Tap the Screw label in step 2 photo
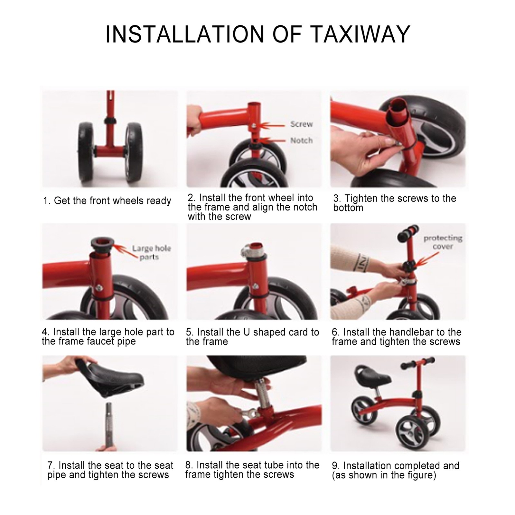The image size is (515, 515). tap(301, 124)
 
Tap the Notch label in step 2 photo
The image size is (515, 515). tap(301, 140)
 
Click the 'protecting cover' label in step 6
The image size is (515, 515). tap(443, 242)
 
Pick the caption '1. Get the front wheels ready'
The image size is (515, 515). tap(107, 201)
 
